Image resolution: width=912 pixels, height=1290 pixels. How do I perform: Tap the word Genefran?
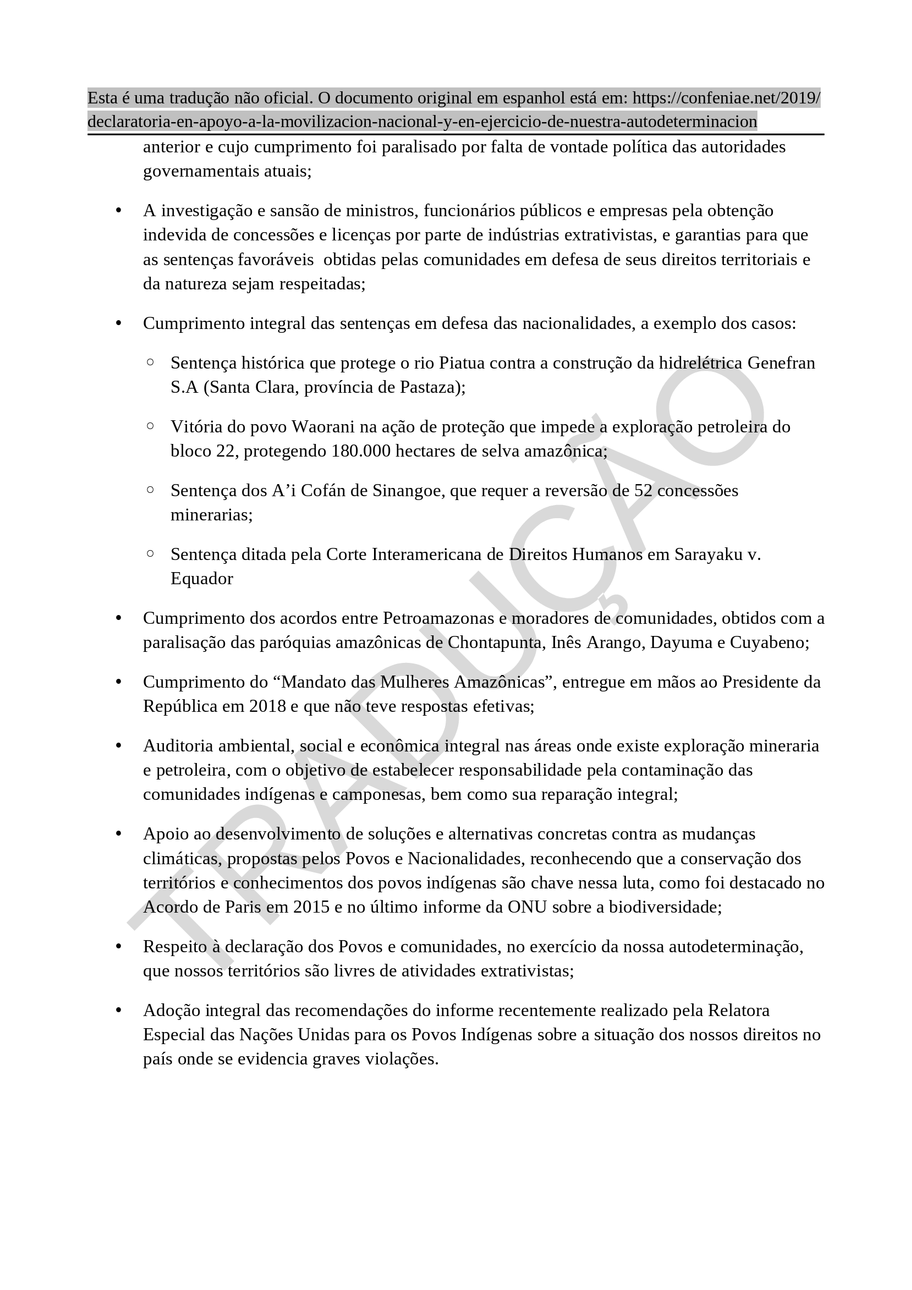781,363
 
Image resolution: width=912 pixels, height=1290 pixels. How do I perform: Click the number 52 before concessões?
644,491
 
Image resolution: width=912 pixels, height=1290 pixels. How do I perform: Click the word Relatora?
739,1011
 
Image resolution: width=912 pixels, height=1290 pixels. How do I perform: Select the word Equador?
202,579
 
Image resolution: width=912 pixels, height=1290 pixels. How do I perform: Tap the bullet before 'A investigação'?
119,211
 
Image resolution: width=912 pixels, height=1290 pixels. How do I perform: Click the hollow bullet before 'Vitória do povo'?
150,426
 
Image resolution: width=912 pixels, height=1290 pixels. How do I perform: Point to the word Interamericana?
427,555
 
